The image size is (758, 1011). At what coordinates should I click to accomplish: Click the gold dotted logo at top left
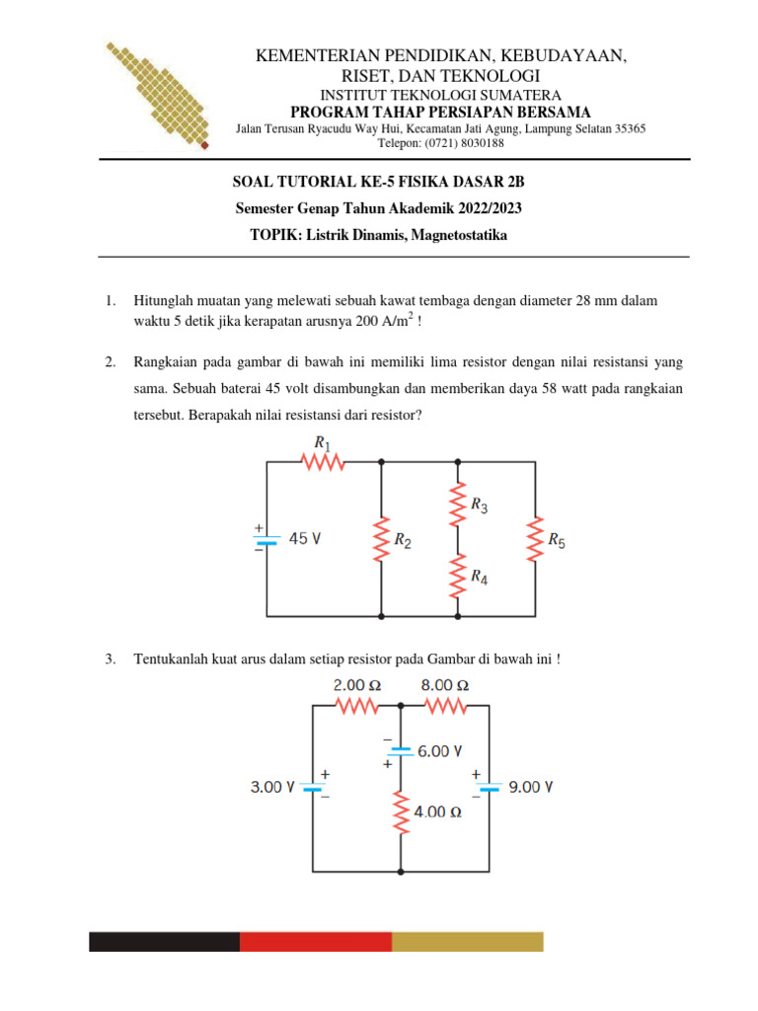[158, 94]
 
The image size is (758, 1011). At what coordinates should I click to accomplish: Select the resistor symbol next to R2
[382, 539]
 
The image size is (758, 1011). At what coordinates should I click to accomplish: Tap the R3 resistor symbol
[458, 505]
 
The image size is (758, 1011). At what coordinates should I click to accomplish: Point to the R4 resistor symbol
[458, 575]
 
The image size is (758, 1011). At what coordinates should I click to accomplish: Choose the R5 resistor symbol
[535, 539]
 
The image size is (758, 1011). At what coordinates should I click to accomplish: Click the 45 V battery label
[305, 539]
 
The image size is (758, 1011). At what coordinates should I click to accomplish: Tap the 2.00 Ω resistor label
[357, 684]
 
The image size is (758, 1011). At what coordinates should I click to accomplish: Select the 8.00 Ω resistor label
[444, 684]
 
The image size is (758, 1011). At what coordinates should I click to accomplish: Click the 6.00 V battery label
[440, 750]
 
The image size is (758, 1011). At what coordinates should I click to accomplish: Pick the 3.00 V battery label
[272, 787]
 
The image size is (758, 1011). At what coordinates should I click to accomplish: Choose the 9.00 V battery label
[530, 787]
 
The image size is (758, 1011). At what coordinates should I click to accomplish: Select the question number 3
[110, 659]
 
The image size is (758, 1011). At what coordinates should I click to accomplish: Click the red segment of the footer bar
[316, 941]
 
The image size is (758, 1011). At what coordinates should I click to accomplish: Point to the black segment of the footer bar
[164, 941]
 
